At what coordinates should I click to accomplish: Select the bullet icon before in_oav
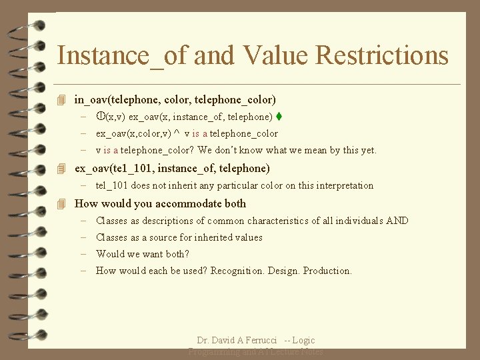[62, 100]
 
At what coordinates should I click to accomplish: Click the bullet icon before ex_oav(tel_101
[62, 169]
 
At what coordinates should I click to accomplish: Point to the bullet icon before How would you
[62, 204]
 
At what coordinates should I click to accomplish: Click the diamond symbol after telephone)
[279, 117]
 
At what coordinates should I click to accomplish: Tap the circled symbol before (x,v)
[101, 117]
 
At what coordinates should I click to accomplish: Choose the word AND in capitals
[397, 221]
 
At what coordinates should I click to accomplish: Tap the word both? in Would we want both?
[177, 254]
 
